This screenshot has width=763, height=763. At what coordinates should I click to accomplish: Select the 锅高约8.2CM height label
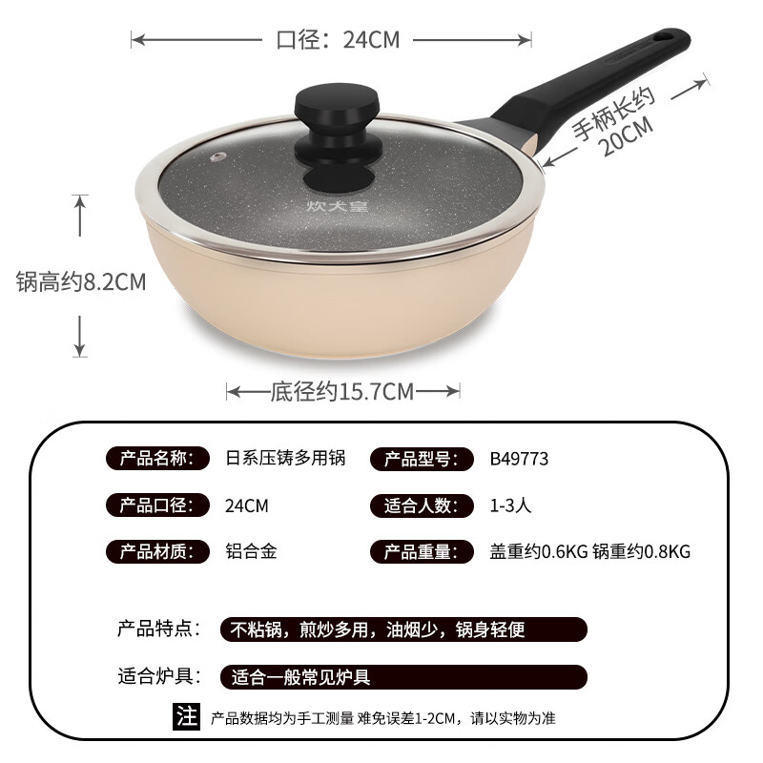(x=81, y=282)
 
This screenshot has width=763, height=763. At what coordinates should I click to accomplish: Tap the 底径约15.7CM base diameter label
(x=342, y=391)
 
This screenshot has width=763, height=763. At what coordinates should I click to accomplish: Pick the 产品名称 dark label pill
(x=157, y=459)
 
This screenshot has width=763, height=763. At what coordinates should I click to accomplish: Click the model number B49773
(x=519, y=459)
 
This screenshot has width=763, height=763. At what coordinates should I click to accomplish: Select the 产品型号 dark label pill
(x=421, y=459)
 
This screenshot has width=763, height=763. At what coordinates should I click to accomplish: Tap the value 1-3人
(x=511, y=505)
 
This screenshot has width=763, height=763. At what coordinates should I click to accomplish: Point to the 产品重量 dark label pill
(x=421, y=552)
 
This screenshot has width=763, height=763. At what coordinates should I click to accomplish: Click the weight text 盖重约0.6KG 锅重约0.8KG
(x=589, y=552)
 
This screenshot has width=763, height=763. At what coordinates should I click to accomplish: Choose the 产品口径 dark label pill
(x=157, y=505)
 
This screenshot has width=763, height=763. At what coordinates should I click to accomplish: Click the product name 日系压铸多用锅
(x=283, y=459)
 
